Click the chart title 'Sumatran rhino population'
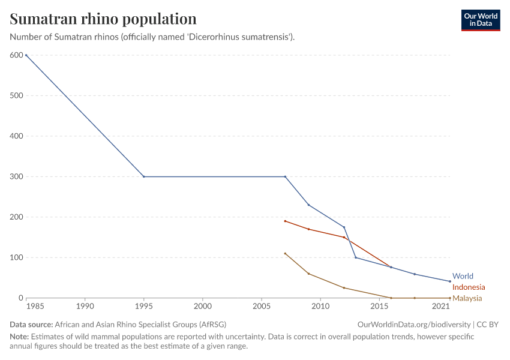(x=103, y=19)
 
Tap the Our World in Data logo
(x=481, y=20)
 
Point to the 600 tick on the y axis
(x=16, y=55)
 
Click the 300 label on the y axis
(x=16, y=177)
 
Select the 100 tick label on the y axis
(x=16, y=258)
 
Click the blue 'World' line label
(x=463, y=277)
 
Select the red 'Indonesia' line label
(x=469, y=287)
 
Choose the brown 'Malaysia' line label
(x=467, y=298)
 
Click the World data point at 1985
(x=26, y=55)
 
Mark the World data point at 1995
(x=144, y=177)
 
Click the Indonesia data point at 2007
(x=285, y=221)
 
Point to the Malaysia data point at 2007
(x=285, y=253)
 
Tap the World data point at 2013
(x=356, y=257)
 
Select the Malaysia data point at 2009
(x=308, y=274)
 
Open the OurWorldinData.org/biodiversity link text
(x=413, y=324)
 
